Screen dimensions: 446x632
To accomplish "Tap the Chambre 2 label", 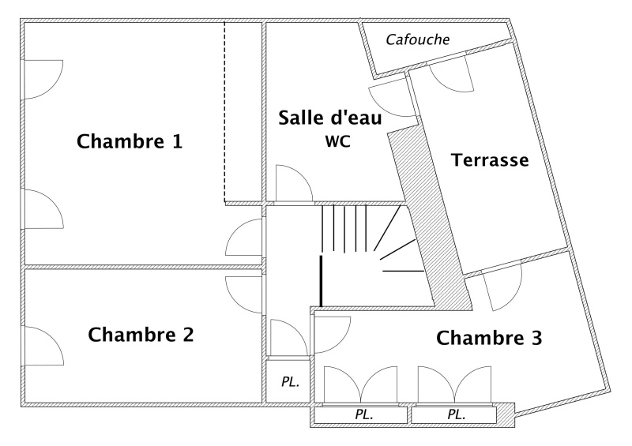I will (x=141, y=335).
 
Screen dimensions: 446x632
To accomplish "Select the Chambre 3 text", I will (x=489, y=339).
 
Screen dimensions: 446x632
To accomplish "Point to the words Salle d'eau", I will (x=330, y=118).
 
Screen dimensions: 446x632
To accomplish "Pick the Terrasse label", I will (x=489, y=160).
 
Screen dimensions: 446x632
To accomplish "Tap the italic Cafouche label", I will (x=418, y=39).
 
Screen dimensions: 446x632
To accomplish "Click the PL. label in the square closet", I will (x=290, y=382).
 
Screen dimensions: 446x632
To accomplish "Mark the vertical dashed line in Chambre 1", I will (x=225, y=111).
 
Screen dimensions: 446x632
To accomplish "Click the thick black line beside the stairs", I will (x=321, y=280).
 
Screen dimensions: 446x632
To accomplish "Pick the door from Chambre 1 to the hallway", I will (x=246, y=237).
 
